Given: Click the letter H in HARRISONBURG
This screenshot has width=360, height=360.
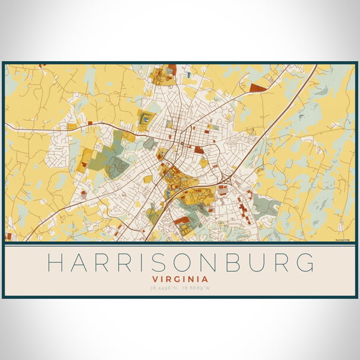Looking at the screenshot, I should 55,263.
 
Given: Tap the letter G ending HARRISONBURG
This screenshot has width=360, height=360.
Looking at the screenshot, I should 304,263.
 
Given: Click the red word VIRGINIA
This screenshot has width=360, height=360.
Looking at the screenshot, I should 180,279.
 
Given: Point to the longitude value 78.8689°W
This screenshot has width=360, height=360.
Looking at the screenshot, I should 199,289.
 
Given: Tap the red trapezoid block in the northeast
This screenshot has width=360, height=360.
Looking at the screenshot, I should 258,88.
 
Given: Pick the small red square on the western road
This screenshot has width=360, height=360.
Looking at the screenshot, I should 90,122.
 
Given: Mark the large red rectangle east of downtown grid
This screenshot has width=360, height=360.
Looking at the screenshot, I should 199,150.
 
